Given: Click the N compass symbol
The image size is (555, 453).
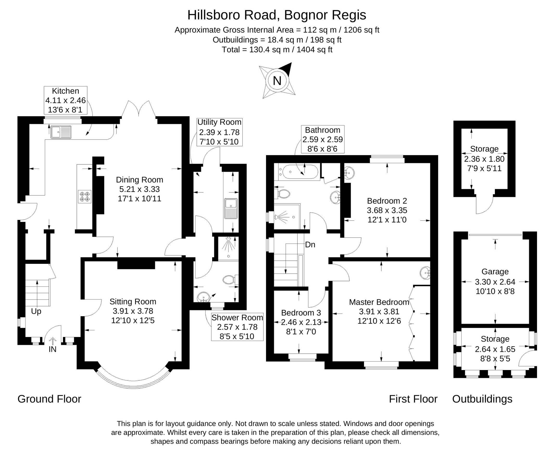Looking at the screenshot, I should coord(277,81).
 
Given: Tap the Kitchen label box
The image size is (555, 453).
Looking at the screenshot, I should coord(65,100).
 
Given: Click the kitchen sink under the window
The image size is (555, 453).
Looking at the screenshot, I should coord(61,132).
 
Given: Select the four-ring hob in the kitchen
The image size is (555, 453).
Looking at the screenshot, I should coord(85,196).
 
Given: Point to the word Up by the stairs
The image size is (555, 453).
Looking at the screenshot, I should coord(36,311).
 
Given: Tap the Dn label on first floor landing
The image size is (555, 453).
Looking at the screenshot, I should coord(310,245).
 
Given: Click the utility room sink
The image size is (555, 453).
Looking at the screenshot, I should coord(231,208).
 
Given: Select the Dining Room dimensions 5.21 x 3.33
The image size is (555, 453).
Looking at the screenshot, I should coord(139,189).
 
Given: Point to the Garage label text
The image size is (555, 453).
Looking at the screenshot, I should coord(495,272).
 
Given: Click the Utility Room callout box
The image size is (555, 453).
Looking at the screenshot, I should coord(219,132).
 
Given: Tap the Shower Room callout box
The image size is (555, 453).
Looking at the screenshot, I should coord(237,327).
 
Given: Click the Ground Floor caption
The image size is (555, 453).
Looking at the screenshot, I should coord(49,399).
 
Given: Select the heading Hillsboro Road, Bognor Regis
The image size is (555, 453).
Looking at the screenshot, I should coord(277,15).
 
